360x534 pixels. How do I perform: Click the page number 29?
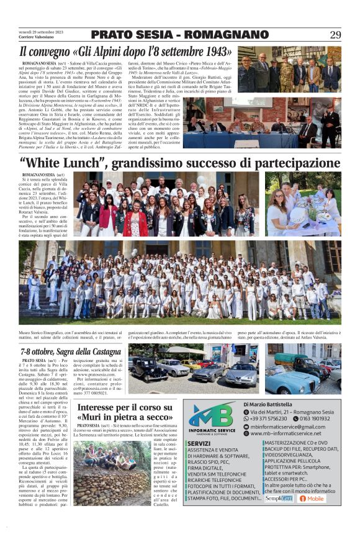click(x=335, y=35)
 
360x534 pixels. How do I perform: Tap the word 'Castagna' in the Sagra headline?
click(x=101, y=352)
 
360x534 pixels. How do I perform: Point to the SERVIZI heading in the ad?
click(x=199, y=443)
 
